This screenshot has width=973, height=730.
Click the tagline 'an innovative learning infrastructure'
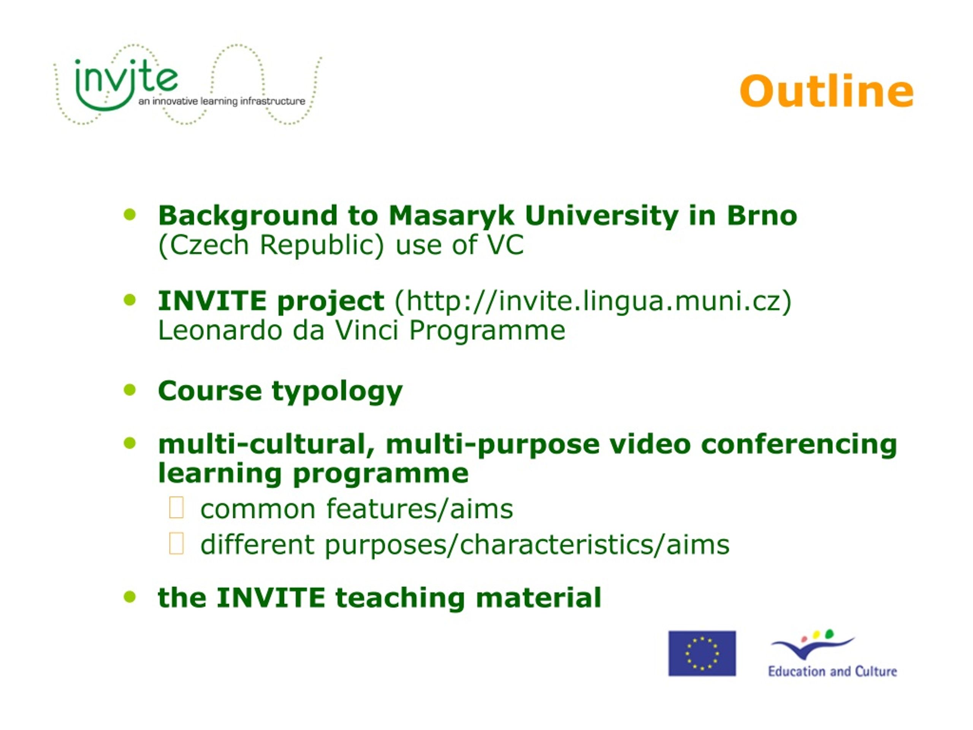coord(222,101)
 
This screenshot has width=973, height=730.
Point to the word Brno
coord(761,215)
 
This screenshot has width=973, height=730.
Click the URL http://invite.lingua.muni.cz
coord(593,302)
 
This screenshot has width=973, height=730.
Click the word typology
coord(337,392)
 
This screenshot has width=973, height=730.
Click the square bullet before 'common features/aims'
coord(176,508)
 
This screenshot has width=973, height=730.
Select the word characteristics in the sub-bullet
coord(556,545)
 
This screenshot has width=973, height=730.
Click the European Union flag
coord(702,654)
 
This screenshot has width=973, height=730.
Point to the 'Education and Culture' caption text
coord(832,671)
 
